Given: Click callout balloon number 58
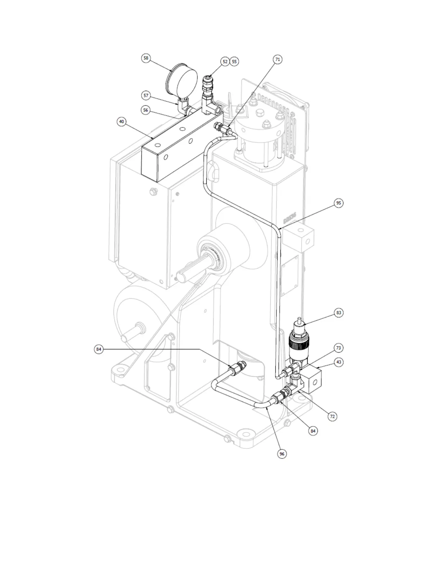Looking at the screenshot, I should tap(146, 58).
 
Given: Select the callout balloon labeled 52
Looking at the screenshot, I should tap(225, 62).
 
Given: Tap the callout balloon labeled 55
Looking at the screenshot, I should tap(234, 62).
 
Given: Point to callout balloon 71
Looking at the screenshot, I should tap(278, 59).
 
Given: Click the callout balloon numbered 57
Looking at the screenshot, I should tap(146, 95).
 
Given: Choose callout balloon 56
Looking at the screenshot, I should tap(145, 110).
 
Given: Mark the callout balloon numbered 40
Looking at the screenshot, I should tap(122, 122).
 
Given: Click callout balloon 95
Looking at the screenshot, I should tap(338, 203).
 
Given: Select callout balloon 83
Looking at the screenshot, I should tap(339, 313).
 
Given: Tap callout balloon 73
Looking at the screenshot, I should tap(339, 348).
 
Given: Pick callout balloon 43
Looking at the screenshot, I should tap(339, 362).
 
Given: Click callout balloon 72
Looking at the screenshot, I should tap(332, 416).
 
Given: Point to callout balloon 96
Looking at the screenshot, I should tap(282, 454).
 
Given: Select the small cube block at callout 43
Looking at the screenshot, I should tap(312, 379).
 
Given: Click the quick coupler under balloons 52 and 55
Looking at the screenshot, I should tap(208, 85).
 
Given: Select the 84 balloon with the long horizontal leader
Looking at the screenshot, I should tap(99, 349).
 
